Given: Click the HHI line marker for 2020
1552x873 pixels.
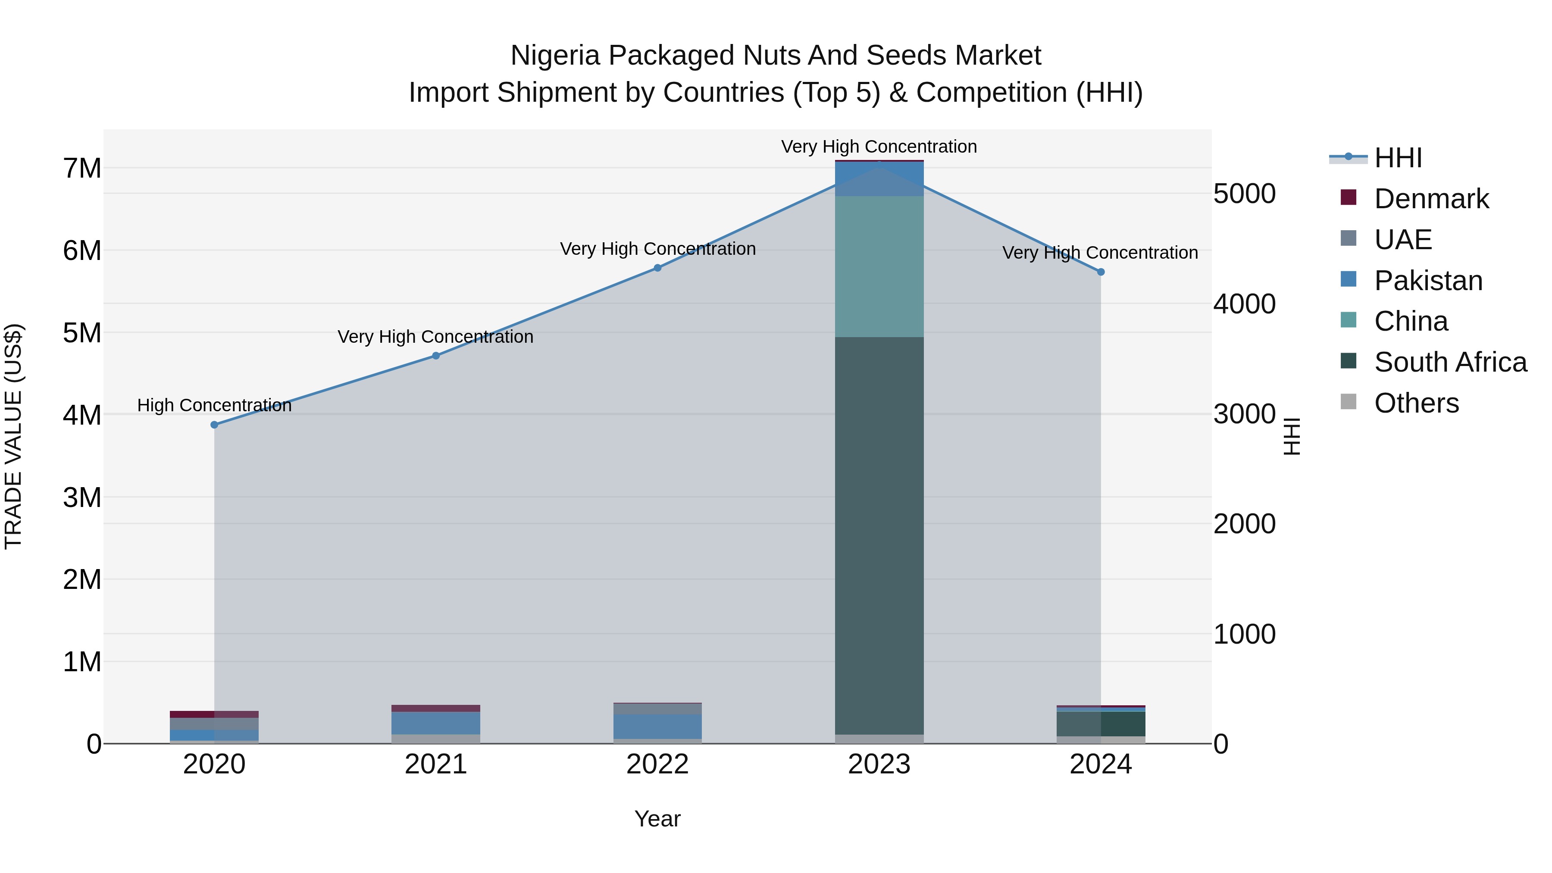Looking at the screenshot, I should [x=215, y=425].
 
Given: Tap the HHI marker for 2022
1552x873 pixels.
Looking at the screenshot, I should [x=658, y=268].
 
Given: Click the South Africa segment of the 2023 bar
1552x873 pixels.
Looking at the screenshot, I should [x=879, y=536].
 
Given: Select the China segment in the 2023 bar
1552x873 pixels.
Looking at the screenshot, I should [x=879, y=266].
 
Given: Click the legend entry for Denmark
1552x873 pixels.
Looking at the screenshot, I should [x=1431, y=199].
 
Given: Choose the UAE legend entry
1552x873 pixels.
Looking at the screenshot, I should [x=1402, y=240].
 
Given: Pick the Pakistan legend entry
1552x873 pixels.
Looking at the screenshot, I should [x=1428, y=281].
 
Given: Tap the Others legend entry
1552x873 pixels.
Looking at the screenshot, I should [x=1416, y=403].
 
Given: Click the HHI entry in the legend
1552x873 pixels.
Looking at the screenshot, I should [x=1398, y=158].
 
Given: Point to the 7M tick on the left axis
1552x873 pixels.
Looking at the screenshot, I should [x=82, y=168].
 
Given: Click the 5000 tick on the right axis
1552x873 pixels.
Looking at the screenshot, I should [x=1244, y=194].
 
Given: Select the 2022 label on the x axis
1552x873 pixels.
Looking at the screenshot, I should [x=657, y=764].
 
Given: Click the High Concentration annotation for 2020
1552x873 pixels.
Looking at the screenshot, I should [x=215, y=406].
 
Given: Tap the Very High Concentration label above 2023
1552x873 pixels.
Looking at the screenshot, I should [x=879, y=147].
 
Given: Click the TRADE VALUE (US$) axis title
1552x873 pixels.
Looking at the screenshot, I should [x=13, y=436].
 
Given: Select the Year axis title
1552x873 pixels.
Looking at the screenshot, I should [x=657, y=819].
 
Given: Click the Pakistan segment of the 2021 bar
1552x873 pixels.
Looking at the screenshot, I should [x=435, y=723].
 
